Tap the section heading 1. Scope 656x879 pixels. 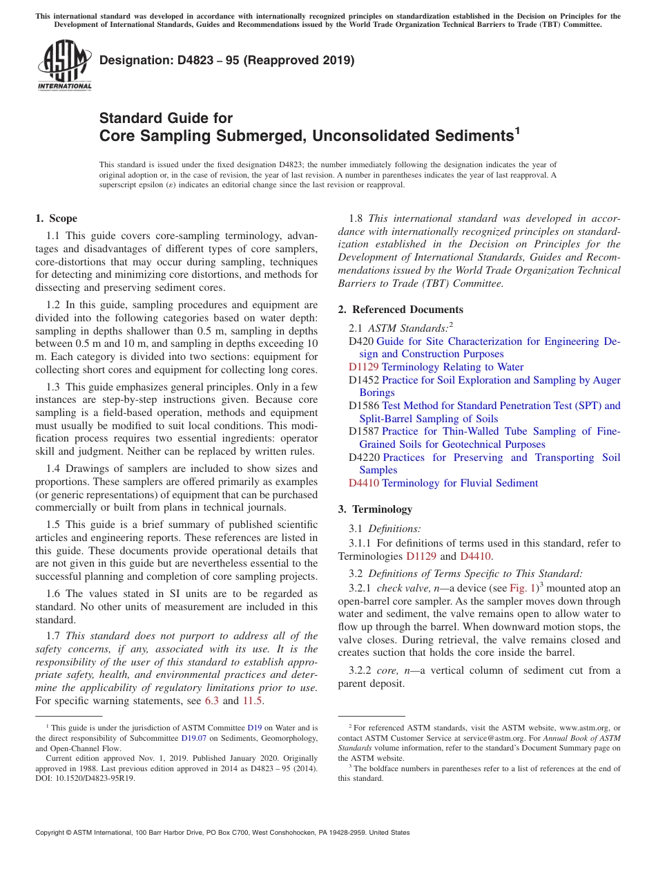(56, 218)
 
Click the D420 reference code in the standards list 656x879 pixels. (361, 341)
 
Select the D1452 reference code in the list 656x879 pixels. (364, 380)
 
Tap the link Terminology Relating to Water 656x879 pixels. (452, 367)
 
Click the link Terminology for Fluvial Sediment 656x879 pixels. (459, 483)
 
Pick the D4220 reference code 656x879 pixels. (364, 457)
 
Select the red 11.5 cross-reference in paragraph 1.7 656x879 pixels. (252, 701)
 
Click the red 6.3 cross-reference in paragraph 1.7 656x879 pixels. (212, 701)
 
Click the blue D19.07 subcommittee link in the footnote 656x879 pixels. (193, 738)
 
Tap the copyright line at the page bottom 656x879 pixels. (222, 833)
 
